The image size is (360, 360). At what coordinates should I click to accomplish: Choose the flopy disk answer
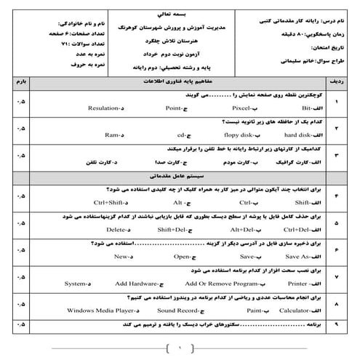pyautogui.click(x=233, y=135)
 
